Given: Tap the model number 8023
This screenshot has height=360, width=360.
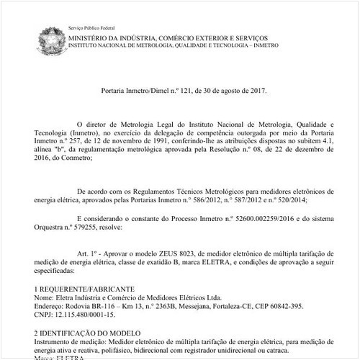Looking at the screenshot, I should pos(188,254).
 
